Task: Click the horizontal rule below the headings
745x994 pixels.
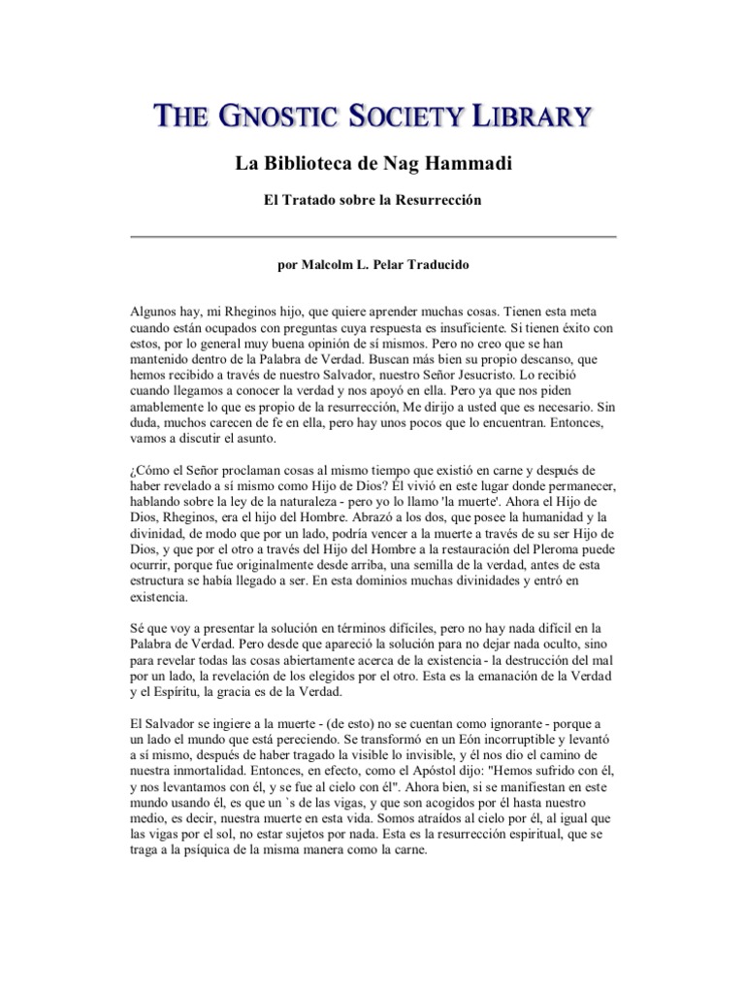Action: pyautogui.click(x=372, y=236)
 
